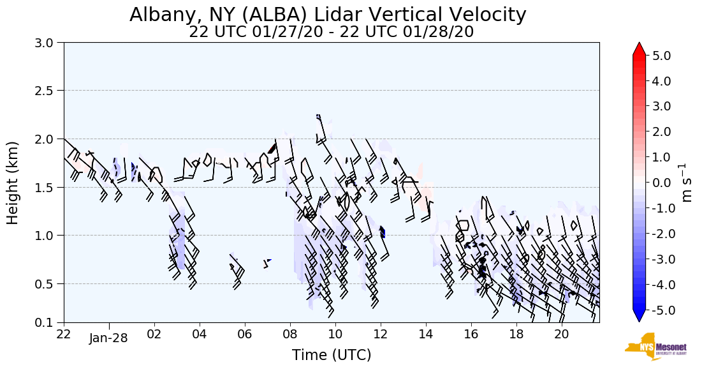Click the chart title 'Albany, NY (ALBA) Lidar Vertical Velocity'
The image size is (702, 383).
click(x=328, y=14)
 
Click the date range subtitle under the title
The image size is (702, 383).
click(x=331, y=32)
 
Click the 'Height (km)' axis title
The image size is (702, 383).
click(x=13, y=183)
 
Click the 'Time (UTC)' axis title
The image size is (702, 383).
click(x=332, y=355)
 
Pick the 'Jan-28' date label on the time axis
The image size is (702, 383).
click(x=108, y=338)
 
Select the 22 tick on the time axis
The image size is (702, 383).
click(x=64, y=333)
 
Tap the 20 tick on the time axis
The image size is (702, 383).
click(x=561, y=333)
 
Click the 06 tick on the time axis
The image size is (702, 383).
click(x=245, y=333)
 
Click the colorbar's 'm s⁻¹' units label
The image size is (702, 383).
click(x=687, y=183)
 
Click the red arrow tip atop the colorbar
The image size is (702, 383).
click(x=640, y=49)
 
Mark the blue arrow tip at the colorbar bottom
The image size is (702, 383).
click(x=640, y=317)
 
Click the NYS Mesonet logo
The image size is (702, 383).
click(x=655, y=347)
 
